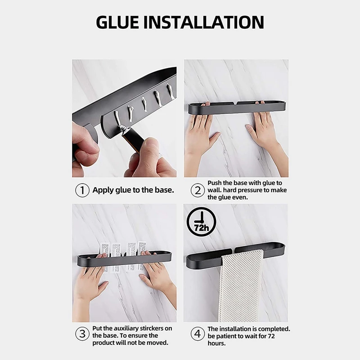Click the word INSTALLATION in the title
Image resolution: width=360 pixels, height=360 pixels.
coord(211,22)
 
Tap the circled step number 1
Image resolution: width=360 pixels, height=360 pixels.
coord(82,190)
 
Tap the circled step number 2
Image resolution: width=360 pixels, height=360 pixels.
coord(196,190)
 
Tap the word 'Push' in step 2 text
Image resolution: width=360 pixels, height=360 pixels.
coord(214,183)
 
